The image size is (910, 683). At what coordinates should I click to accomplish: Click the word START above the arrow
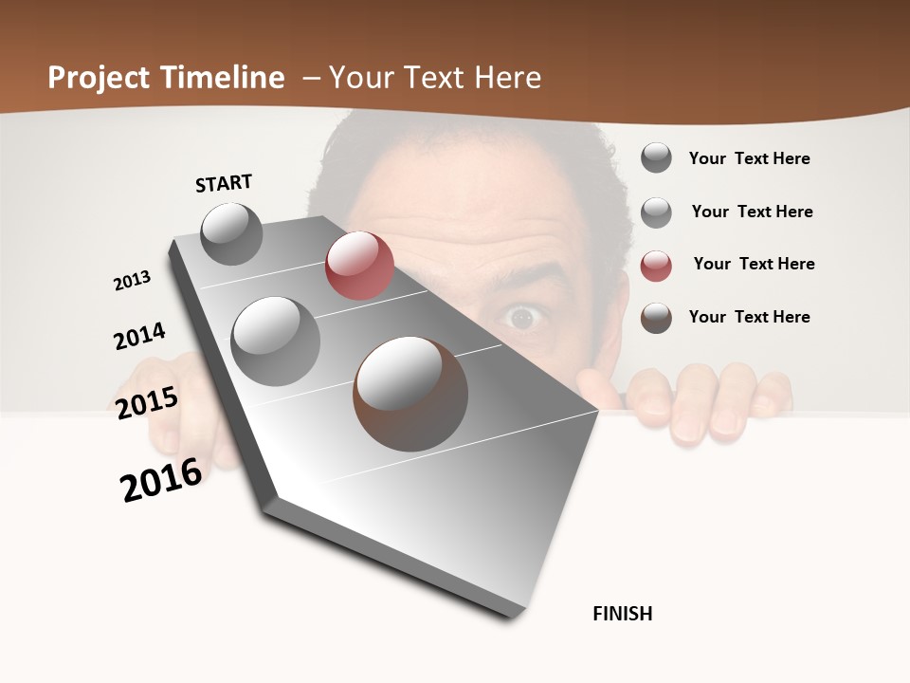click(224, 183)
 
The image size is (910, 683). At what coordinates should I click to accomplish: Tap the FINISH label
click(623, 614)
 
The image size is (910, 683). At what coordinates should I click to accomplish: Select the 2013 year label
click(133, 281)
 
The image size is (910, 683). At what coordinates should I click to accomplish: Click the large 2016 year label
click(161, 480)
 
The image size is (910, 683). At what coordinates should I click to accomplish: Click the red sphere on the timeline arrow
click(359, 266)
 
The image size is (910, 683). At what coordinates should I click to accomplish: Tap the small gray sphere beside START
click(231, 233)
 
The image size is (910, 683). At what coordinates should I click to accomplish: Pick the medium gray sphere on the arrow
click(276, 341)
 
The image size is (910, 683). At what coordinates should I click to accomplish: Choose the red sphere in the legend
click(656, 266)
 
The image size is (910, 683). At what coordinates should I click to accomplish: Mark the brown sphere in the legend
click(656, 318)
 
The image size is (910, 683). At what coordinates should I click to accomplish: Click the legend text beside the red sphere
click(754, 264)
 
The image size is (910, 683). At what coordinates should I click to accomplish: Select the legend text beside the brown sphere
click(749, 317)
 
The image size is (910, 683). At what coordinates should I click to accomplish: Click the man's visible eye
click(521, 318)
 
